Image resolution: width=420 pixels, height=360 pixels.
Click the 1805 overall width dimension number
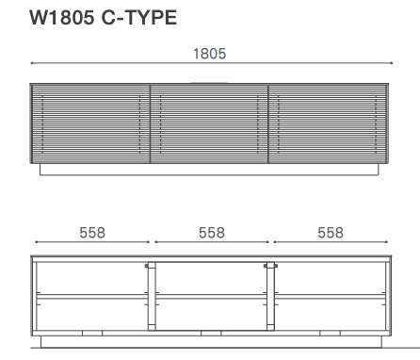click(210, 54)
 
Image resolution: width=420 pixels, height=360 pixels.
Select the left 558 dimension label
click(91, 232)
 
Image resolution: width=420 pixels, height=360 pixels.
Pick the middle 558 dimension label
click(211, 232)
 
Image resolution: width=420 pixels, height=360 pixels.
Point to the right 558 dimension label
click(331, 232)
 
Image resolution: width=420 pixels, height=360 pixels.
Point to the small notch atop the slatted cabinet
click(209, 82)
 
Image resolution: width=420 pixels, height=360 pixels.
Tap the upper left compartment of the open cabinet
click(91, 277)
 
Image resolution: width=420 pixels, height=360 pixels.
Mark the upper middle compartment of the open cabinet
click(211, 277)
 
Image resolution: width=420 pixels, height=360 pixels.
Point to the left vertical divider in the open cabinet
click(153, 296)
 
